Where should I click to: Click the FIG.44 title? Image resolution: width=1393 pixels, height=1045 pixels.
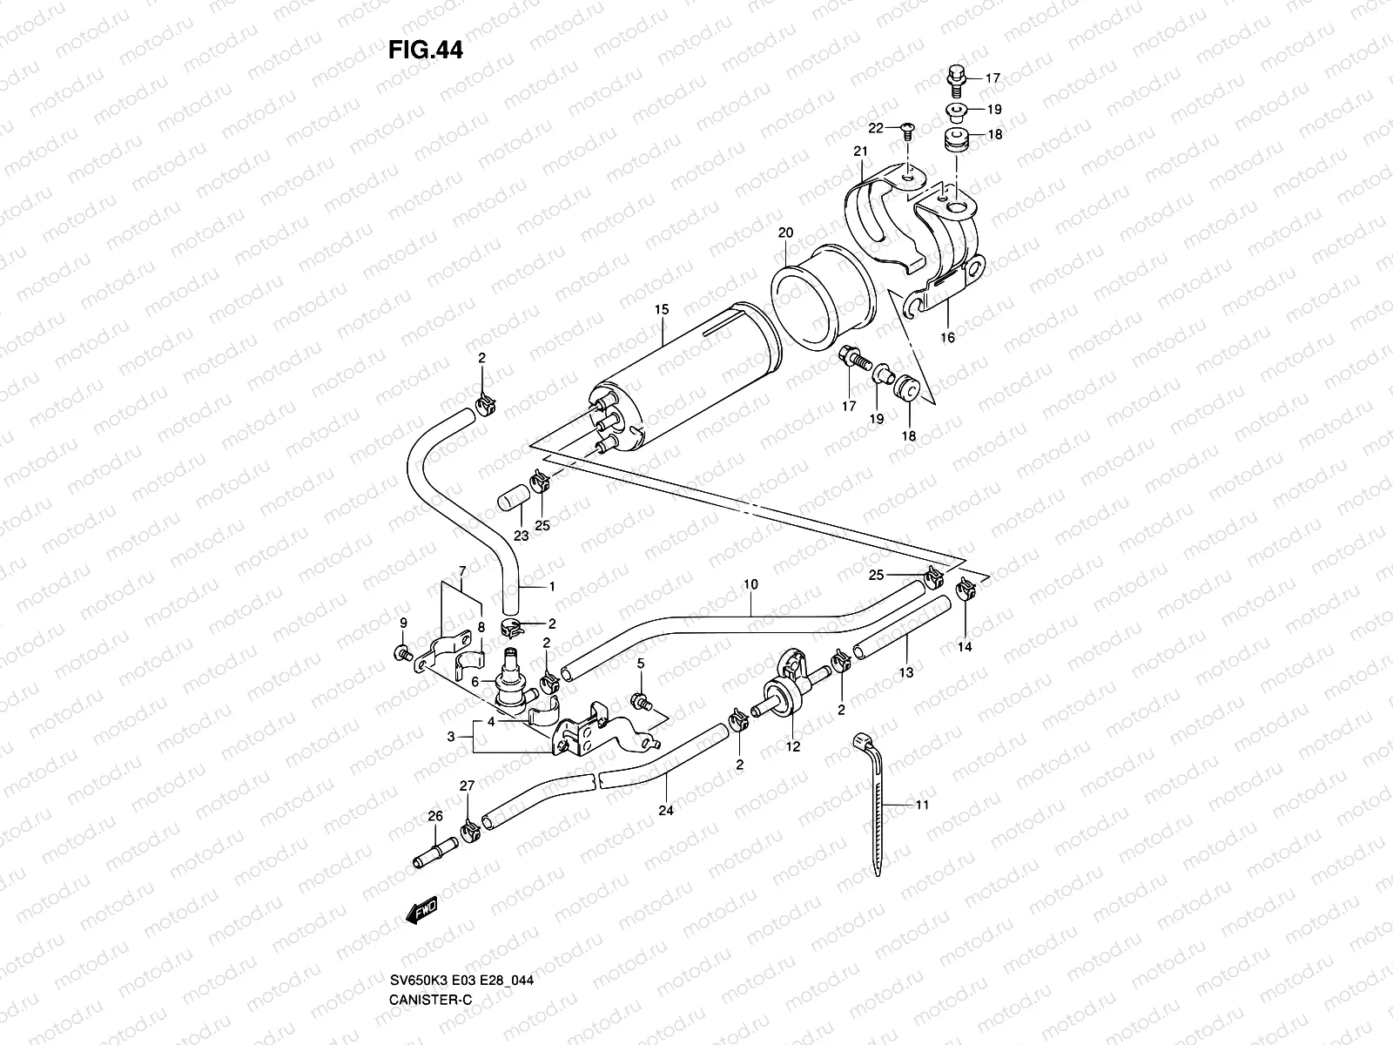click(x=426, y=51)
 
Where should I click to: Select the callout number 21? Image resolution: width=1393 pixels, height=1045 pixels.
click(x=861, y=152)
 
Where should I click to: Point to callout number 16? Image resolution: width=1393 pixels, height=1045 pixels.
click(x=947, y=337)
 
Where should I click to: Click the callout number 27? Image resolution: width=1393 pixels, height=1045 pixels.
click(x=467, y=785)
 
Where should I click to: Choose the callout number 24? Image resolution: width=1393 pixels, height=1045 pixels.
click(x=666, y=810)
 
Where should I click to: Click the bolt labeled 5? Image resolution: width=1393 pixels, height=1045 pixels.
click(x=639, y=701)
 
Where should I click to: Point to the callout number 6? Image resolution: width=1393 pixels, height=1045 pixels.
click(x=475, y=683)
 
